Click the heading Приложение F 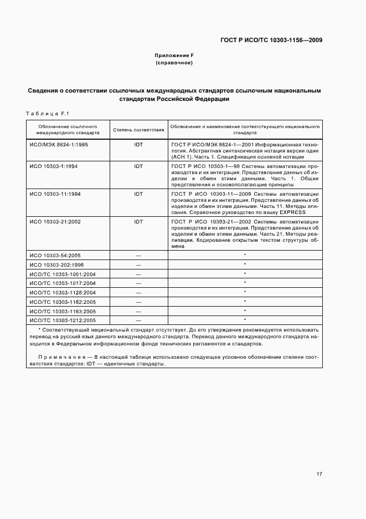click(x=174, y=55)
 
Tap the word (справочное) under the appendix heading click(x=174, y=63)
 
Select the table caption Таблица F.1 click(x=47, y=114)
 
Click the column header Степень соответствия click(x=138, y=130)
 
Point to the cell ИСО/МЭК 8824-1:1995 click(x=59, y=144)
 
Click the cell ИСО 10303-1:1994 click(x=54, y=166)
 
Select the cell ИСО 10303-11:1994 click(x=55, y=194)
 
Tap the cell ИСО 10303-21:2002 click(x=55, y=222)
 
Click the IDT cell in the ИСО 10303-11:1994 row click(x=138, y=194)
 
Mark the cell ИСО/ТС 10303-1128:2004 click(x=62, y=292)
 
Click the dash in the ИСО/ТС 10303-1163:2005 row click(x=138, y=311)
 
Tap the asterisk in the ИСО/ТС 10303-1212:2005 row click(x=245, y=320)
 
